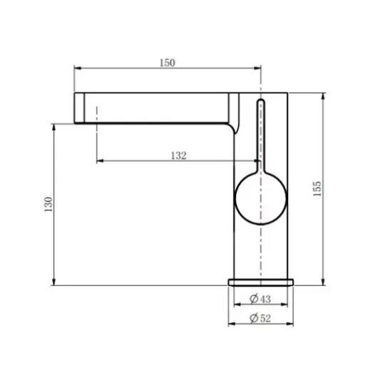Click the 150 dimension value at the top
click(166, 63)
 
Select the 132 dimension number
click(178, 155)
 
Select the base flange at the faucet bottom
click(260, 282)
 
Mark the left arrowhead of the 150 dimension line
click(78, 69)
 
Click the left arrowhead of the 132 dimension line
click(99, 160)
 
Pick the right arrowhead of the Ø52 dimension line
click(291, 324)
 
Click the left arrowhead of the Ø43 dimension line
click(235, 304)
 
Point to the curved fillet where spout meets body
click(231, 130)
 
